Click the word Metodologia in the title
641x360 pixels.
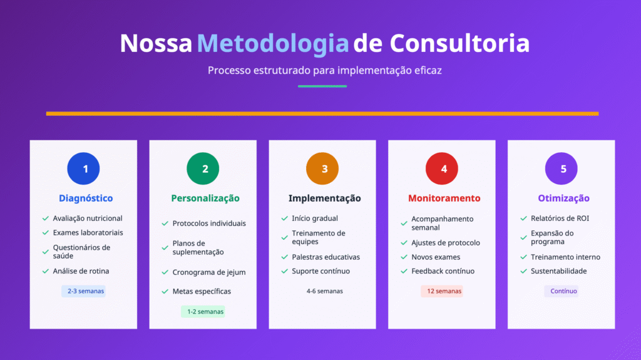272,43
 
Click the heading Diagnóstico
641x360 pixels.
86,198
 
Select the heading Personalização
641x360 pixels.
205,198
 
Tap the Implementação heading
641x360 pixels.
324,198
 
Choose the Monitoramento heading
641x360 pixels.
444,198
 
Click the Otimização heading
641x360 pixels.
563,198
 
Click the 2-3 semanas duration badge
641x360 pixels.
83,291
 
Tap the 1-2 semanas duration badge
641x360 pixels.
203,311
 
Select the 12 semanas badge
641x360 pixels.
442,291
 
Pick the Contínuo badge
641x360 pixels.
562,291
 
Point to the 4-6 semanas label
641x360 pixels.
324,291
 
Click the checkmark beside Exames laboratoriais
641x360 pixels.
46,233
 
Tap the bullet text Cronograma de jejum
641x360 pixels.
209,272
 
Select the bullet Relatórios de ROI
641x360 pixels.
560,219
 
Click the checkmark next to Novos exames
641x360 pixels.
404,257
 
